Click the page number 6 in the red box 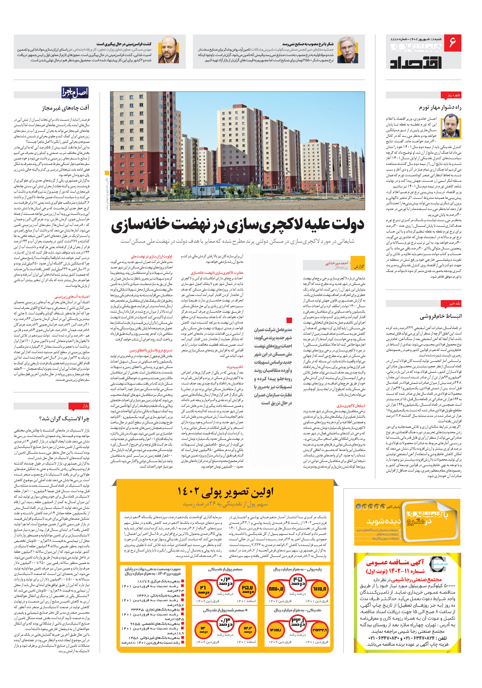[452, 43]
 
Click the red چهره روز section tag [451, 95]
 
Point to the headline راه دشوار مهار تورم [440, 107]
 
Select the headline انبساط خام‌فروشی [441, 316]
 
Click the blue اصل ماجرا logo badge [75, 92]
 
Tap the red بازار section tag [79, 406]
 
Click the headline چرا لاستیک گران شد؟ [64, 419]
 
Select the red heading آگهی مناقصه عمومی [395, 562]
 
